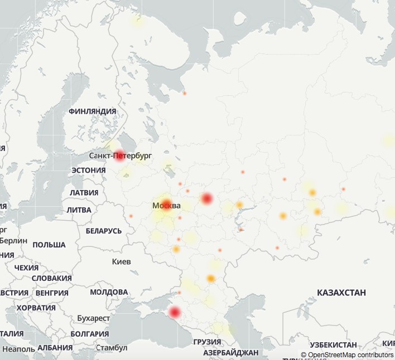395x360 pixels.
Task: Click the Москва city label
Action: click(x=166, y=206)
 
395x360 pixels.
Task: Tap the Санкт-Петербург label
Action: click(x=120, y=155)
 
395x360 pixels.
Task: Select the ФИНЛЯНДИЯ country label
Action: click(x=92, y=111)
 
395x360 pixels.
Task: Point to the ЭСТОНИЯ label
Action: click(x=89, y=171)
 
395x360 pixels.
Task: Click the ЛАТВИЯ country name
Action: click(x=84, y=193)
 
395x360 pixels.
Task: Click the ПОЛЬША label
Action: click(x=49, y=245)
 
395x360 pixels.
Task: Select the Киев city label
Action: click(x=122, y=261)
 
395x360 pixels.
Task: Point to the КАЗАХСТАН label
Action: click(x=341, y=293)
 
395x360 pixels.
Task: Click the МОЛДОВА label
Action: click(x=109, y=292)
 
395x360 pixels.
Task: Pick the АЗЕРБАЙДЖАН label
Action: click(x=230, y=353)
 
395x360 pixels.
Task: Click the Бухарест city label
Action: click(x=94, y=318)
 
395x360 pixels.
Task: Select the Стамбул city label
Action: click(x=112, y=348)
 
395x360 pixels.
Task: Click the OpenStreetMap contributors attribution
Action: click(x=347, y=354)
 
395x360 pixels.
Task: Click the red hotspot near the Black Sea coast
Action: click(x=175, y=313)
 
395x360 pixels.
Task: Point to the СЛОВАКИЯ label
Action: click(x=51, y=278)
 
